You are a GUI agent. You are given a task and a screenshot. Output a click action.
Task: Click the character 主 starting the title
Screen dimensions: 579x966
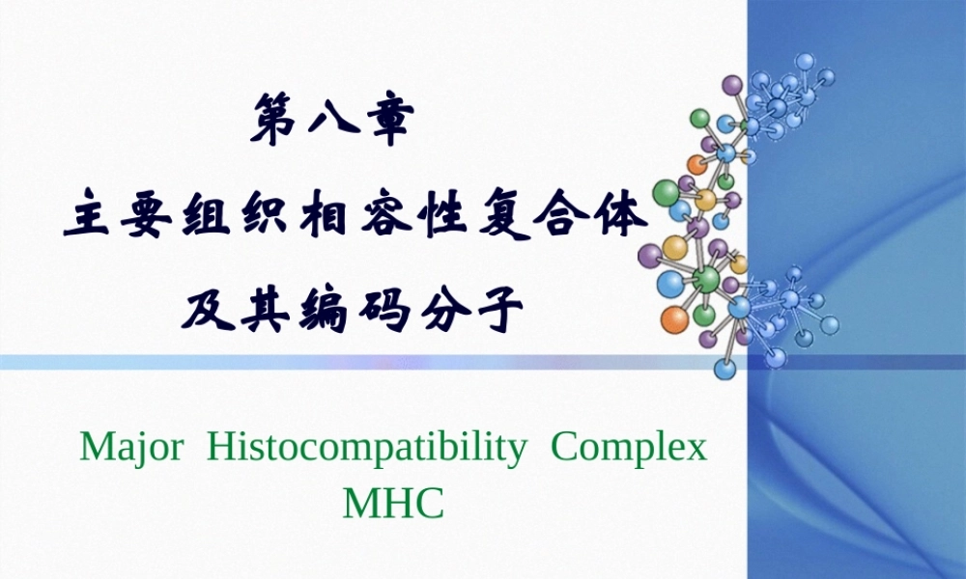87,219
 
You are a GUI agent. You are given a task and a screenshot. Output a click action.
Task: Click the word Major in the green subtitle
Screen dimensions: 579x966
129,449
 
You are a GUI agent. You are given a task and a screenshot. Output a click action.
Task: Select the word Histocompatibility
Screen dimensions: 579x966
367,449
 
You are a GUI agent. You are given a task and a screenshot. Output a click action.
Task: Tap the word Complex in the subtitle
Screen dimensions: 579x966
629,449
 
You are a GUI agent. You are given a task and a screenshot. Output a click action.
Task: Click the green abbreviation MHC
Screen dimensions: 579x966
393,502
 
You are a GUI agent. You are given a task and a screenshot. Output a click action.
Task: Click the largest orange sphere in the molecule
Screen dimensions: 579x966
673,318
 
